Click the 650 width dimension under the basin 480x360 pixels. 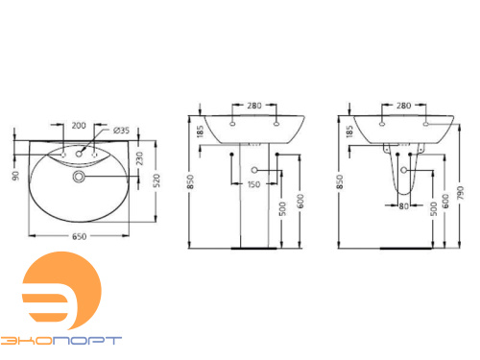coord(79,236)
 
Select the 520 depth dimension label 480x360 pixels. coord(156,180)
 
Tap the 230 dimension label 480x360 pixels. coord(139,158)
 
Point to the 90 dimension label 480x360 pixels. coord(15,176)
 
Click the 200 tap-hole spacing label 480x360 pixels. coord(79,126)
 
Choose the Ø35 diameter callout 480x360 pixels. coord(121,131)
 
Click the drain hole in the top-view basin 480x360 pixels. coord(79,177)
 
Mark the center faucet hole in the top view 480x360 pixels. coord(79,155)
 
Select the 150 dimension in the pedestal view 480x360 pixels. coord(253,184)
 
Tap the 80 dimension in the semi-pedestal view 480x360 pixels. coord(404,206)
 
